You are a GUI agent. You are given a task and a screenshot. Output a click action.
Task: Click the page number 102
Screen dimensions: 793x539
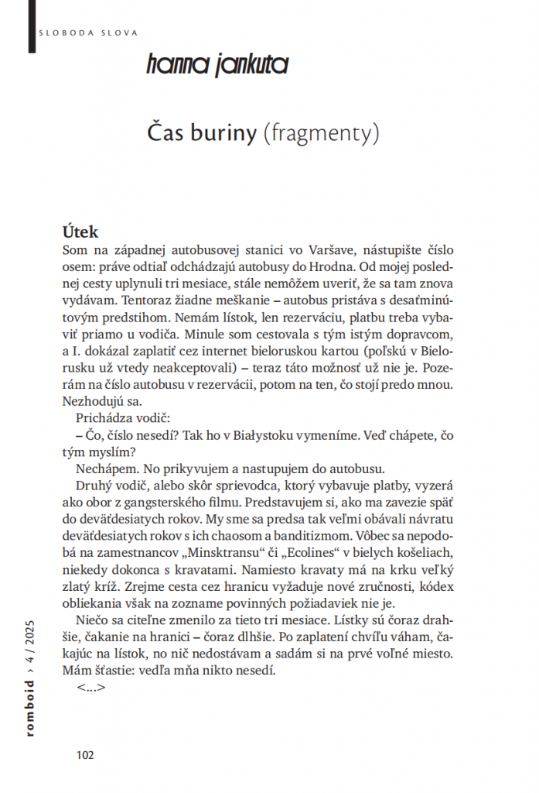point(85,754)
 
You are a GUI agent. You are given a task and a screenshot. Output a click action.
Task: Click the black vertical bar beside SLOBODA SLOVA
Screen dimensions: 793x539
point(30,19)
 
